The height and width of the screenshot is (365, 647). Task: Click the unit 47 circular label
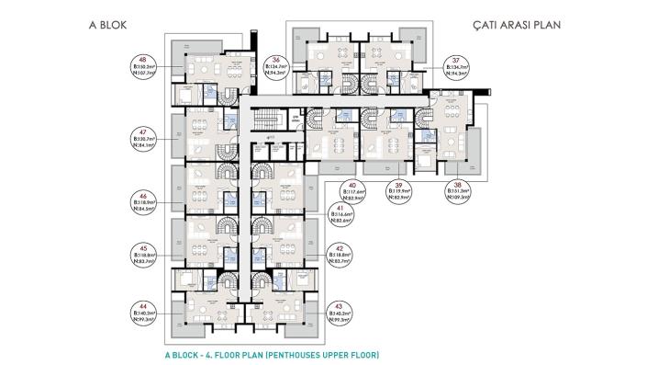[x=143, y=138]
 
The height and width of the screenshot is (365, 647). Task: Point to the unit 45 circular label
[x=143, y=254]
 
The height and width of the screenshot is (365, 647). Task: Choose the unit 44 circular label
[x=143, y=313]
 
